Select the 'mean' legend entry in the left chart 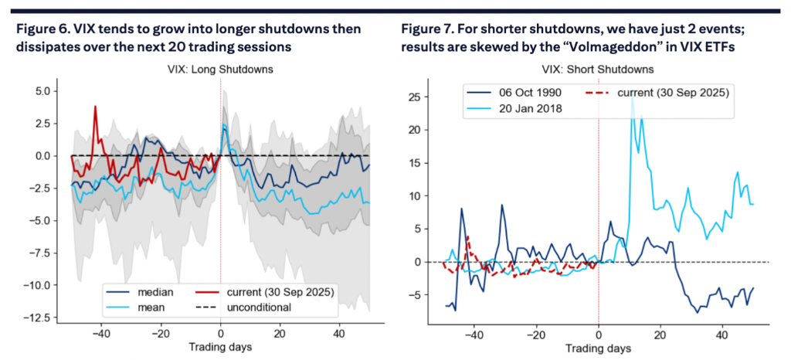click(x=153, y=307)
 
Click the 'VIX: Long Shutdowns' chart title click(x=220, y=70)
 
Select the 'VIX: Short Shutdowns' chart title click(x=599, y=70)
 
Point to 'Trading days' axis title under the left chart click(x=220, y=347)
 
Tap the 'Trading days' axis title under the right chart click(x=599, y=349)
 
